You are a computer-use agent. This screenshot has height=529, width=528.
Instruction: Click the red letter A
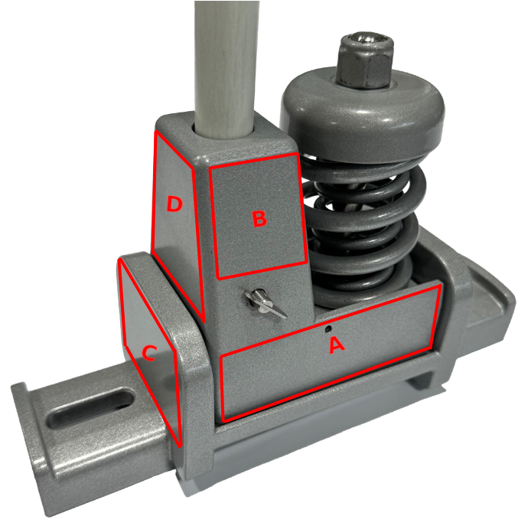[337, 345]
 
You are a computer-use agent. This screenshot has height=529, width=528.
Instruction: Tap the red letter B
[259, 218]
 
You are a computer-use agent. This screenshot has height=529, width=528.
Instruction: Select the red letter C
[148, 353]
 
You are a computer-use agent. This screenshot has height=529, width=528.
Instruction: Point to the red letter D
[174, 204]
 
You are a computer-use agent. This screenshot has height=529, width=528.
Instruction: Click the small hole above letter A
[328, 328]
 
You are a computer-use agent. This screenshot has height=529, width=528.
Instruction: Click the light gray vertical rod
[227, 67]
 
